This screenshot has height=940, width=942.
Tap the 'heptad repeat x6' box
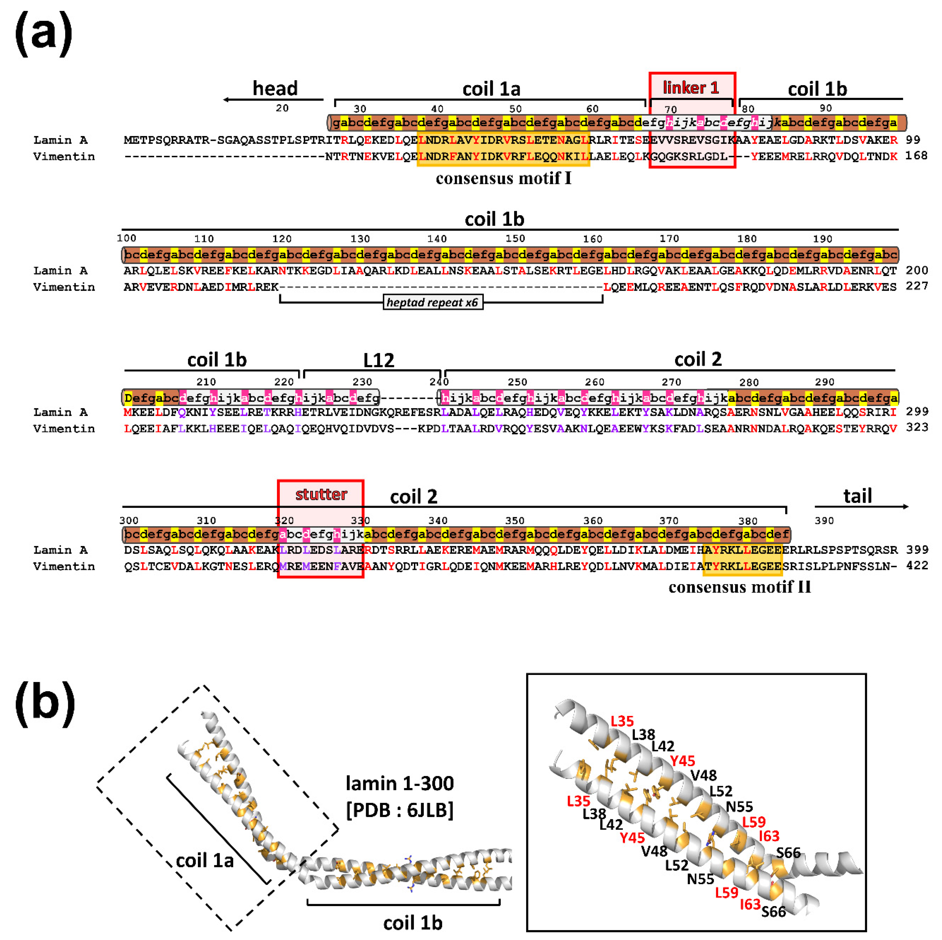(x=433, y=302)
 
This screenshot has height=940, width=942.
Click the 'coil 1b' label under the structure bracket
(x=413, y=923)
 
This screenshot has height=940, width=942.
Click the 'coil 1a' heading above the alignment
(x=491, y=89)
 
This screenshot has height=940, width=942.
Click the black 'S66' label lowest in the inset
(x=773, y=911)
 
